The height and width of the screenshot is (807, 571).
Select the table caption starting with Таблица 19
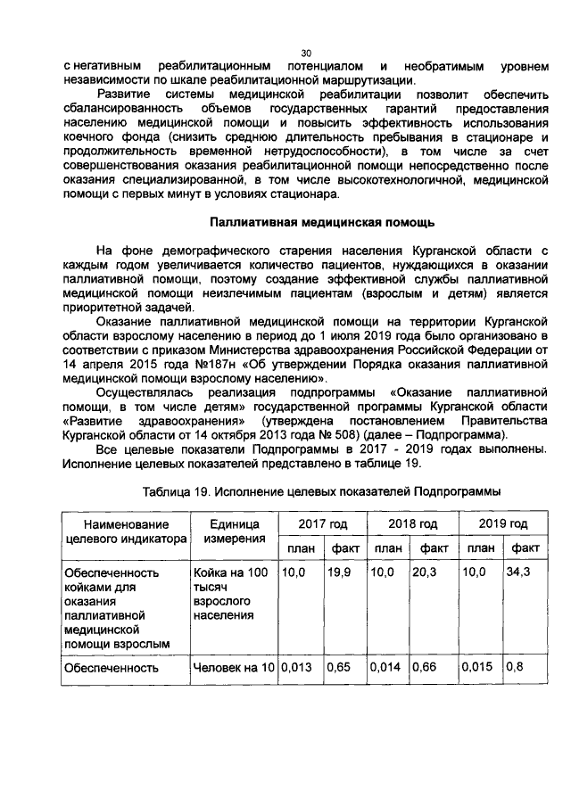click(x=321, y=490)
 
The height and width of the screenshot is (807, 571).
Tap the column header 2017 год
click(x=323, y=523)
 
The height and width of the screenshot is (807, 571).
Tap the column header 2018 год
click(x=411, y=523)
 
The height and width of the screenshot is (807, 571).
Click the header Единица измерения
click(x=233, y=531)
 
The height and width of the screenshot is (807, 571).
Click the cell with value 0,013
click(x=297, y=666)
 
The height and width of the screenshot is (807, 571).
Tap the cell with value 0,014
click(x=385, y=666)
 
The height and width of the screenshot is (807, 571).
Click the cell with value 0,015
click(x=478, y=666)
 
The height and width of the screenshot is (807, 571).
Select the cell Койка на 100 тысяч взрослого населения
click(x=233, y=593)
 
